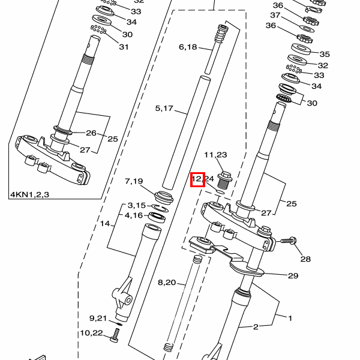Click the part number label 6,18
pyautogui.click(x=188, y=47)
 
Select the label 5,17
pyautogui.click(x=164, y=109)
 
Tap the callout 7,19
pyautogui.click(x=134, y=181)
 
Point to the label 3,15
pyautogui.click(x=136, y=206)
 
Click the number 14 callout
pyautogui.click(x=105, y=224)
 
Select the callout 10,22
pyautogui.click(x=92, y=333)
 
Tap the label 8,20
pyautogui.click(x=167, y=282)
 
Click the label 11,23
pyautogui.click(x=215, y=155)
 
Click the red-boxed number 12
pyautogui.click(x=197, y=179)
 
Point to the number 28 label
pyautogui.click(x=306, y=259)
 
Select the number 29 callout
pyautogui.click(x=293, y=275)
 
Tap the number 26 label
pyautogui.click(x=91, y=133)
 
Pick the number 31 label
pyautogui.click(x=124, y=47)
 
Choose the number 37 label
pyautogui.click(x=275, y=15)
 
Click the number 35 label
pyautogui.click(x=325, y=53)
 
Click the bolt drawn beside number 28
pyautogui.click(x=289, y=241)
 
